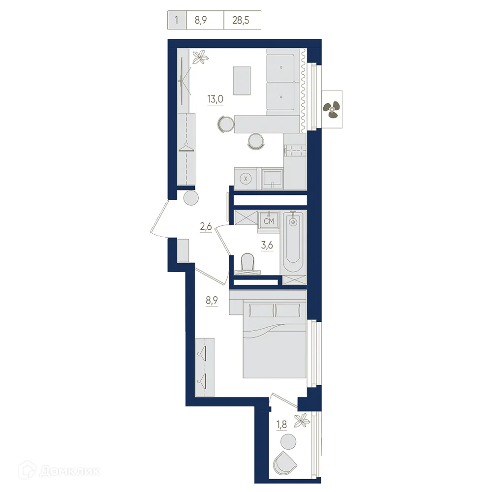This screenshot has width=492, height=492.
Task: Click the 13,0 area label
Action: point(215,99)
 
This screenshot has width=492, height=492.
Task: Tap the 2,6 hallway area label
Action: point(205,227)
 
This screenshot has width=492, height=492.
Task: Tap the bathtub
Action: point(293,241)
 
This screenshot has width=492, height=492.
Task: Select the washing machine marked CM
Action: point(269,221)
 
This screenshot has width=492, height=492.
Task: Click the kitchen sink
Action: point(272,178)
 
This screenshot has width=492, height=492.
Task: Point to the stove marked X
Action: point(246,178)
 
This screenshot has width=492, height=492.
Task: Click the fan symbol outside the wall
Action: point(331,109)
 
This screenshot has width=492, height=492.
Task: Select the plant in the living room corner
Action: point(200,58)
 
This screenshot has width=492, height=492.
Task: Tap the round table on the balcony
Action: point(288,441)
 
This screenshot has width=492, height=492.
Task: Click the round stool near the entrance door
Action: point(191,199)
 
